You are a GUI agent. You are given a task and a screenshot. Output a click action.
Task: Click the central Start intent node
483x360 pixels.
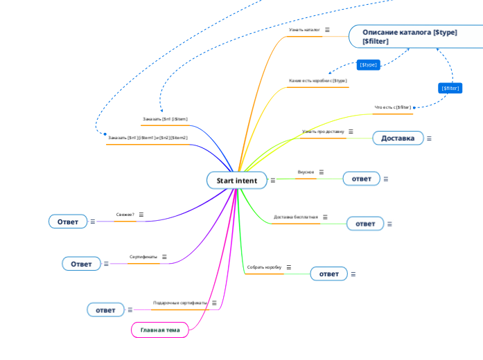click(x=236, y=181)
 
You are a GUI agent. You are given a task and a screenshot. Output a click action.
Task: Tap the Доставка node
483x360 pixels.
click(x=398, y=138)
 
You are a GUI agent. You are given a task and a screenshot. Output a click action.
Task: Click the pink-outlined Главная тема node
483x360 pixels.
click(x=160, y=330)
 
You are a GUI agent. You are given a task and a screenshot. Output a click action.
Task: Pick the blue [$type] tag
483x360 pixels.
click(x=368, y=64)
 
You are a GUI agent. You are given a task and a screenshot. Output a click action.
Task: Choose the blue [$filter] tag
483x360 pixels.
click(x=450, y=88)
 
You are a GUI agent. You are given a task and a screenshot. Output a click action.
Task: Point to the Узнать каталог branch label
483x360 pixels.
click(x=304, y=30)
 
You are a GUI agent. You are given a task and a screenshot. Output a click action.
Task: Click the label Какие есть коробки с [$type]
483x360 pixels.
click(x=317, y=81)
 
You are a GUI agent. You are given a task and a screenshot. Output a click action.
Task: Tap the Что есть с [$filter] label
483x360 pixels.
click(x=392, y=107)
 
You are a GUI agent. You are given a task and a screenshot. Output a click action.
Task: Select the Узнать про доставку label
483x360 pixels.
click(x=322, y=132)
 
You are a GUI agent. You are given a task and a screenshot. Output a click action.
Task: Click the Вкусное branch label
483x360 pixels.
click(x=306, y=172)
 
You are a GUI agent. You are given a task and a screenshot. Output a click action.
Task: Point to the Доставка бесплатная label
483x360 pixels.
click(x=296, y=217)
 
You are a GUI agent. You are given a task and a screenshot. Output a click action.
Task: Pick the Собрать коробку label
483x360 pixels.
click(x=264, y=267)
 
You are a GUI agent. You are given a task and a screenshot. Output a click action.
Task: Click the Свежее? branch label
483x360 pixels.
click(x=125, y=215)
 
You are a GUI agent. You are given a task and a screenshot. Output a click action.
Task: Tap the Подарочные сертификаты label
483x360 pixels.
click(x=180, y=303)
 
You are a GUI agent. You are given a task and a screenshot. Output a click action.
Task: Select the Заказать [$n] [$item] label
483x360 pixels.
click(x=165, y=119)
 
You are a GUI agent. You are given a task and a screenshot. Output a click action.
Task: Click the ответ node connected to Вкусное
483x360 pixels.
click(x=361, y=179)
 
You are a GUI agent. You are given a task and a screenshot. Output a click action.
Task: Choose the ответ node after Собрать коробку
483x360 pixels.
click(x=328, y=274)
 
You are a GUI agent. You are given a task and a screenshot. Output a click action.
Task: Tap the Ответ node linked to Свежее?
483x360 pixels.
click(x=68, y=222)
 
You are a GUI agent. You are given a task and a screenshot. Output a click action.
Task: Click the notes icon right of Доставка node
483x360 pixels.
click(x=429, y=138)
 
